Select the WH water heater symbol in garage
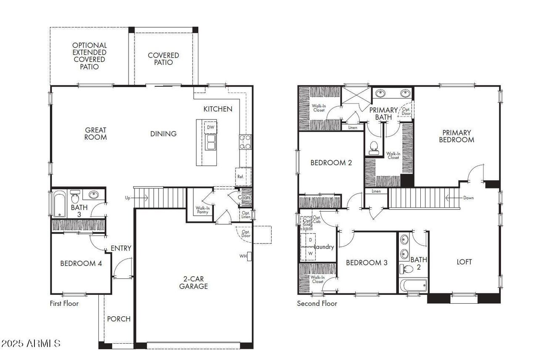point(249,256)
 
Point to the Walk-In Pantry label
point(203,210)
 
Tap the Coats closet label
point(245,198)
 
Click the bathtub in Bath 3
point(60,204)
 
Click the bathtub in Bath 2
point(413,286)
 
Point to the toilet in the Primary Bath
point(373,147)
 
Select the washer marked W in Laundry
point(311,254)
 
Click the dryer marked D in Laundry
point(311,240)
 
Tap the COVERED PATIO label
point(163,59)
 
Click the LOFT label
point(464,262)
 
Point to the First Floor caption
point(64,303)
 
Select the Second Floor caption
point(317,303)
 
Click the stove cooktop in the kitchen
point(245,142)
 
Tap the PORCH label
point(119,319)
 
